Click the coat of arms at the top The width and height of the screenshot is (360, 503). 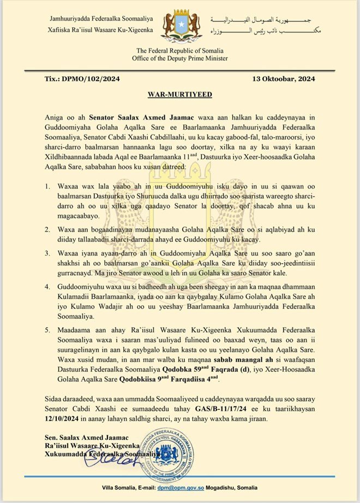pos(180,26)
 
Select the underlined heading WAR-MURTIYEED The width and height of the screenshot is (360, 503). pos(180,94)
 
